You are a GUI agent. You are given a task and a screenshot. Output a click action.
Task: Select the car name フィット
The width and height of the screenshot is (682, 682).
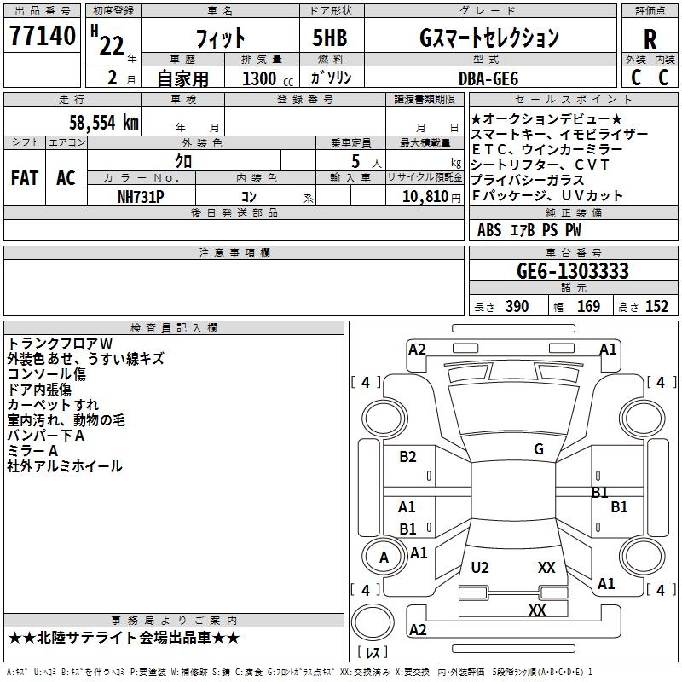pos(220,38)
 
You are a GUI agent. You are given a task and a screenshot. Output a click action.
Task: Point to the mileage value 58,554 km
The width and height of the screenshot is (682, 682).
pos(93,122)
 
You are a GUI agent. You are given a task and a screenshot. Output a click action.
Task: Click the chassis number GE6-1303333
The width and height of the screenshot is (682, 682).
pos(573,271)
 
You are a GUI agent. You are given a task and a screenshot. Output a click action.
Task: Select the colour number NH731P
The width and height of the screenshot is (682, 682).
pos(141,196)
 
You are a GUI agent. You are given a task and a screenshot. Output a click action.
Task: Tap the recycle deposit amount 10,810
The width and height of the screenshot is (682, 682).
pos(425,196)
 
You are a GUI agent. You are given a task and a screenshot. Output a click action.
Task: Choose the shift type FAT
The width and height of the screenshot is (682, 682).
pos(24,178)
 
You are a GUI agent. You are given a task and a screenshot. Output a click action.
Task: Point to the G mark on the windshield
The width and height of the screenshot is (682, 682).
pos(539,449)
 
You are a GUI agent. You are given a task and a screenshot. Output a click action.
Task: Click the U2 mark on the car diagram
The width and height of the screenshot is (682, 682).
pos(480,567)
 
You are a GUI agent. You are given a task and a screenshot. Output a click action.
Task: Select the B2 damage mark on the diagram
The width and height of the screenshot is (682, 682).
pos(408,457)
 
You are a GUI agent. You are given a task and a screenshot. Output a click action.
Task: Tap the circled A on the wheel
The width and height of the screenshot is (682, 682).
pos(384,558)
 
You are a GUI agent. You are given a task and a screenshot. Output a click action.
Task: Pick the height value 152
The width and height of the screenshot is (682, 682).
pos(656,307)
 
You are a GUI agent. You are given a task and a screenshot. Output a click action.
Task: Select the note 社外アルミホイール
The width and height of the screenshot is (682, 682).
pos(65,466)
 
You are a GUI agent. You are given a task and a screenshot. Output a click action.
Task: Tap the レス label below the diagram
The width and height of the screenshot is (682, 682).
pos(373,653)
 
